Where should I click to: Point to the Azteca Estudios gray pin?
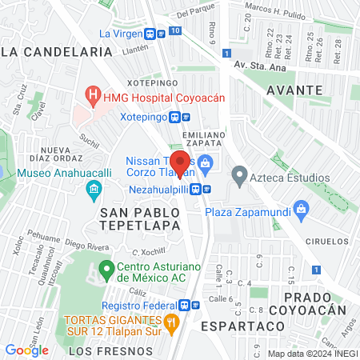tap(238, 173)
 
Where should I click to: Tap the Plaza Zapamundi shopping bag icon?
tap(302, 211)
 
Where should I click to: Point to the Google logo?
tap(27, 350)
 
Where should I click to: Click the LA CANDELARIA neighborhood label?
tap(56, 50)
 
